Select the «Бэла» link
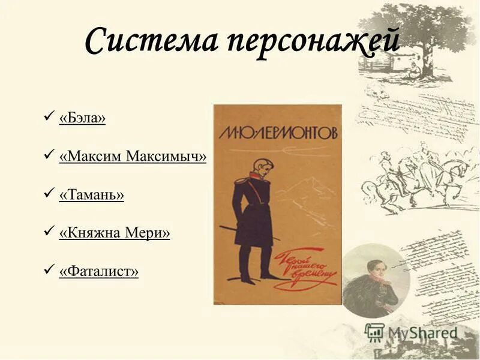tap(82, 119)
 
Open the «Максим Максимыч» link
tap(133, 157)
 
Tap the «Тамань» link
tap(91, 195)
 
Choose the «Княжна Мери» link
tap(114, 233)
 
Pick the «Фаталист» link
tap(98, 272)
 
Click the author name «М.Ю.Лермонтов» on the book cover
tap(277, 131)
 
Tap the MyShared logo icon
tap(374, 332)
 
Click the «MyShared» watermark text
tap(423, 333)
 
